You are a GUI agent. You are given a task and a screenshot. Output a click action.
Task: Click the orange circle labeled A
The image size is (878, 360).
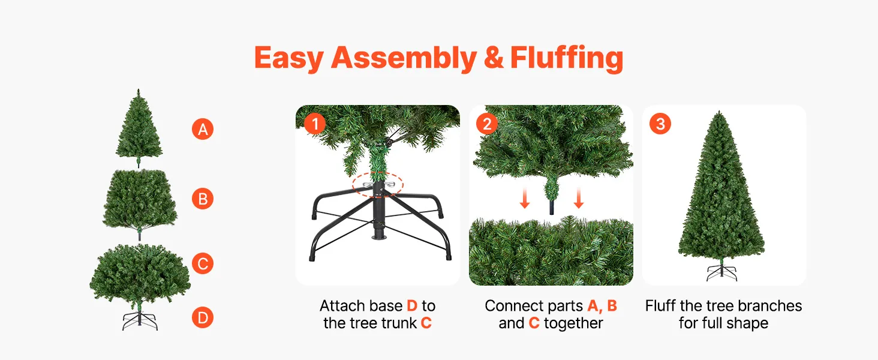coord(203,129)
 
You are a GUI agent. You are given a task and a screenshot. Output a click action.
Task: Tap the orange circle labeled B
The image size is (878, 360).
coord(203,199)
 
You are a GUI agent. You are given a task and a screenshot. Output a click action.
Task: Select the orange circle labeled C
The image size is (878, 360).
coord(203,263)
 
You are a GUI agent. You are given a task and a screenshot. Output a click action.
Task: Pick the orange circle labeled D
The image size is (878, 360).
coord(203,317)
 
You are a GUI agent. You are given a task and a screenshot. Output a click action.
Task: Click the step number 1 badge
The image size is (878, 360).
coord(315,124)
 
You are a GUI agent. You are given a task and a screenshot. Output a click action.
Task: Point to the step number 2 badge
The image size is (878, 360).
coord(487,124)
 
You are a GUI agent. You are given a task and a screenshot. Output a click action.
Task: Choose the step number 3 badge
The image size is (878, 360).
coord(660,124)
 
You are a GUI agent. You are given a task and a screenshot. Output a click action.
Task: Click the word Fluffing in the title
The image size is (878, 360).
coord(567,58)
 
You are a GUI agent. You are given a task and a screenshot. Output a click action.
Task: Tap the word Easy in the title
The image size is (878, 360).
coord(289,58)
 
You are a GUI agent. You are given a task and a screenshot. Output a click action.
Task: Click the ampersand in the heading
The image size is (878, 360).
coord(493,58)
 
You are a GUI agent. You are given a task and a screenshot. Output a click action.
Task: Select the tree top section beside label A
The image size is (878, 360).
coord(139,128)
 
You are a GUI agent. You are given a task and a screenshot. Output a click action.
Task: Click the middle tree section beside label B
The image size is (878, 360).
coord(140,204)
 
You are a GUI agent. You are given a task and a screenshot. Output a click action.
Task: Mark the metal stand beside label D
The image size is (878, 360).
coord(140,321)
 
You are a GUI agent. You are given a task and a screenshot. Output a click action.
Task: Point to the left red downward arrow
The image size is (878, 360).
coord(524,198)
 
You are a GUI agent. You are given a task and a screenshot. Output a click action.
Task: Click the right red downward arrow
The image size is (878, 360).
coord(579,198)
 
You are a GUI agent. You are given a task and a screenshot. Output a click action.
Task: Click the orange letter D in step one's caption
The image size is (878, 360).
coord(412,305)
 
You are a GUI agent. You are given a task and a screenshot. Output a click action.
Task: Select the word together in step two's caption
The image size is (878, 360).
coord(573,323)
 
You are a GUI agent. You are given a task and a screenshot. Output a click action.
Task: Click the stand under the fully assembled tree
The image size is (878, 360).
coord(721,272)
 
